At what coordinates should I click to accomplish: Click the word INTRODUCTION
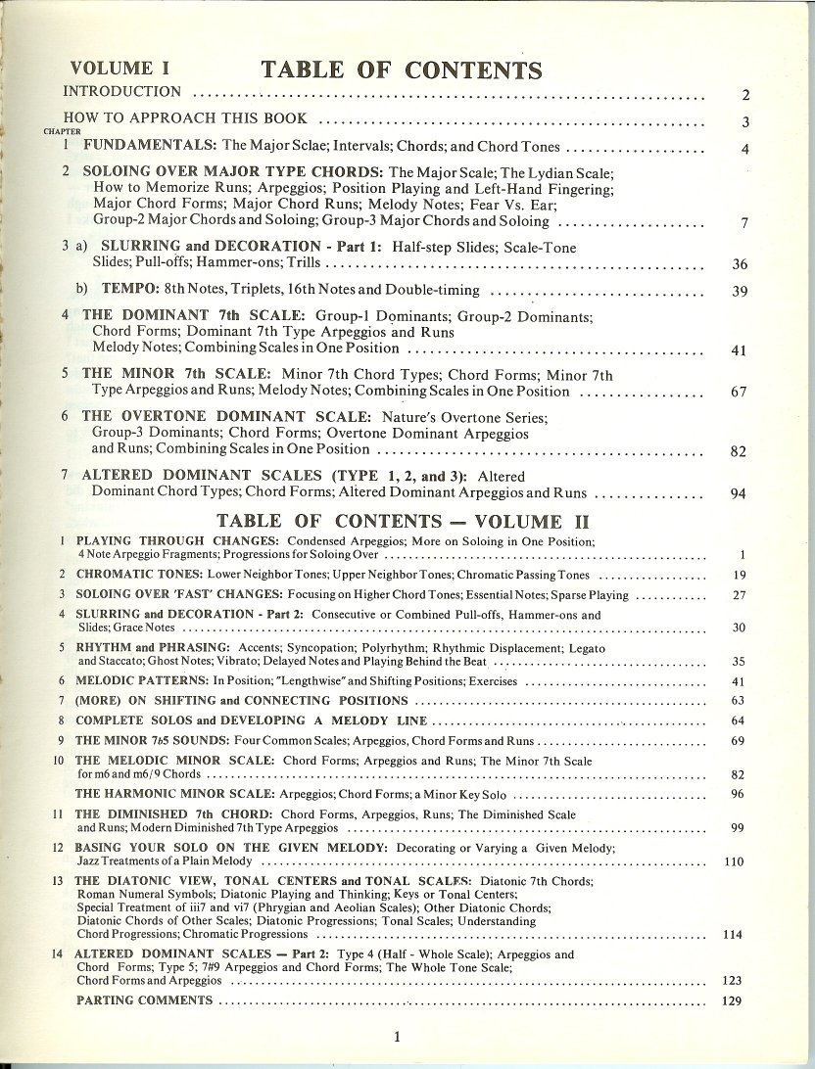(121, 91)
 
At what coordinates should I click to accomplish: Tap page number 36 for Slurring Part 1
(741, 265)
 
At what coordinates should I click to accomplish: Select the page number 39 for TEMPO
(741, 292)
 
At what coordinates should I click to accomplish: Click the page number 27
(741, 594)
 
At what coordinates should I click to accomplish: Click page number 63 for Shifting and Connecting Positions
(740, 701)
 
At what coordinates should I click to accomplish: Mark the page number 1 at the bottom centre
(397, 1037)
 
